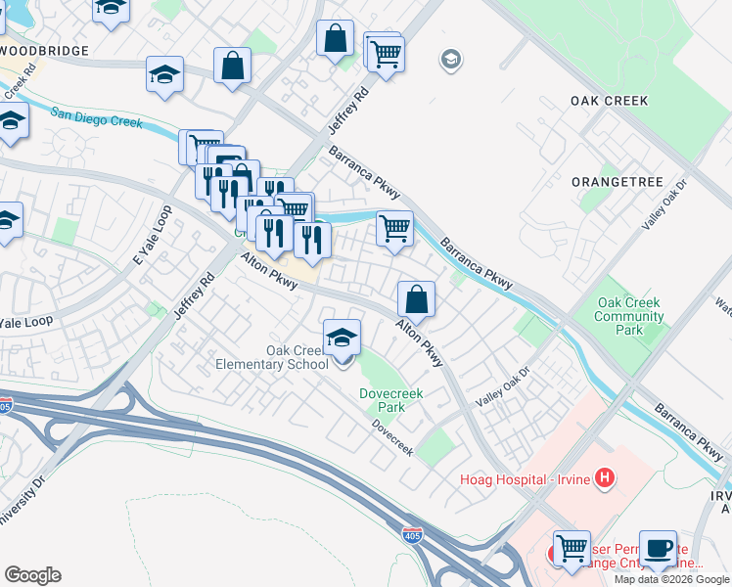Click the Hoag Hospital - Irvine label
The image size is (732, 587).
coord(527,478)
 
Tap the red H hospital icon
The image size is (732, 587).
coord(606,478)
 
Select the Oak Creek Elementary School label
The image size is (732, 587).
coord(272,358)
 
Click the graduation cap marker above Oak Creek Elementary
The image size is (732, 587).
coord(342,339)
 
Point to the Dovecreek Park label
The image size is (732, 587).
coord(382,400)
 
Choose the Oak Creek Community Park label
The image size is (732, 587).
coord(628,316)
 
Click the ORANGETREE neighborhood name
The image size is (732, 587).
coord(617,183)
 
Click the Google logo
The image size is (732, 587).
coord(32,574)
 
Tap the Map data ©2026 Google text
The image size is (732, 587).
coord(671,579)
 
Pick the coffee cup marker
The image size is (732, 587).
coord(658,549)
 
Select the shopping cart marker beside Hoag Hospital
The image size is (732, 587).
coord(572,549)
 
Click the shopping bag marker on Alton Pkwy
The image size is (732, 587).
coord(417,299)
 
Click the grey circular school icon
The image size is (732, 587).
coord(451,60)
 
